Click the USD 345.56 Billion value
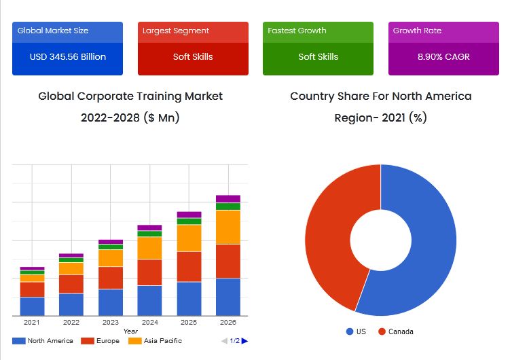point(67,56)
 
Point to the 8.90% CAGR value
point(443,56)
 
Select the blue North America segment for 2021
point(32,306)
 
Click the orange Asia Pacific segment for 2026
point(227,227)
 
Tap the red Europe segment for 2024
point(149,272)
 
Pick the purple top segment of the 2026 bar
point(227,198)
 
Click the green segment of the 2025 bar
point(189,221)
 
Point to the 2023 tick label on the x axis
point(110,323)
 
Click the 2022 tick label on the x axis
point(71,323)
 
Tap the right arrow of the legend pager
point(244,341)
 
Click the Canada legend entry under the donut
point(395,331)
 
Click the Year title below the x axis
point(130,331)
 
